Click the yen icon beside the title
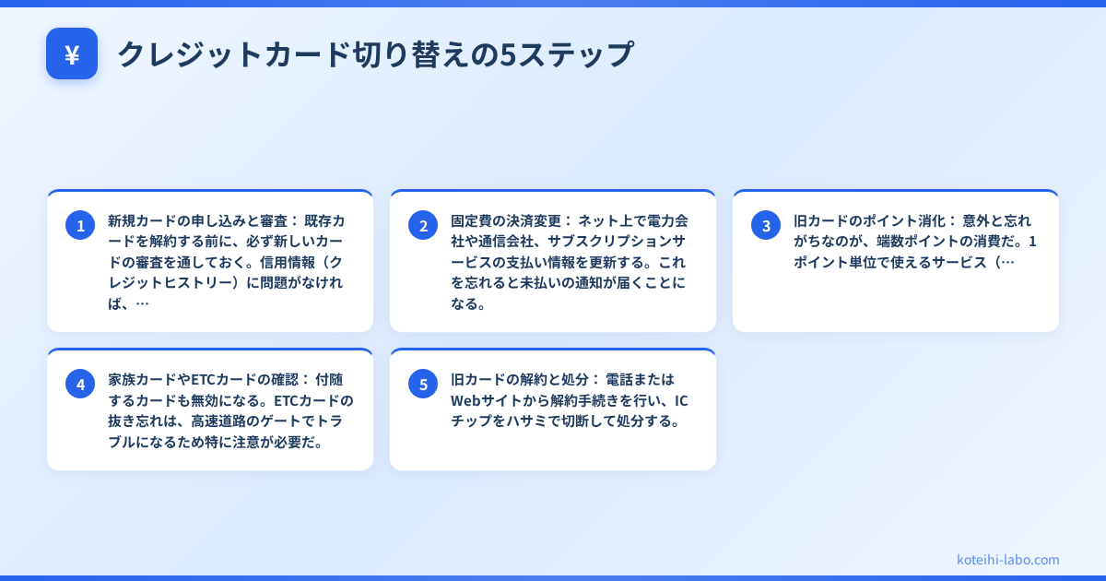point(72,53)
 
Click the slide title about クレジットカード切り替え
point(375,54)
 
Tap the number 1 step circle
point(80,225)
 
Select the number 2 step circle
point(423,225)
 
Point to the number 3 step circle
point(766,225)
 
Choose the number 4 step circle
point(80,384)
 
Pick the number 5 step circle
point(423,384)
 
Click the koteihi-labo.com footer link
point(1008,559)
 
